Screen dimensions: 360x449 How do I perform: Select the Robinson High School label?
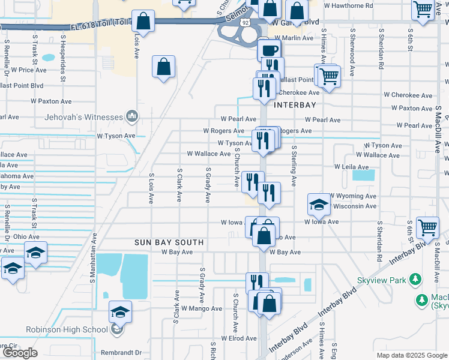(x=67, y=329)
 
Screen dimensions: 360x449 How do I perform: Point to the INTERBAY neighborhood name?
(x=295, y=105)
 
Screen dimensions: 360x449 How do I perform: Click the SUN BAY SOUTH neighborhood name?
(x=169, y=242)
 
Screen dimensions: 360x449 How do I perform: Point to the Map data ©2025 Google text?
(x=412, y=355)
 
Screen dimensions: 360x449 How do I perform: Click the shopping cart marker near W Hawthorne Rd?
(x=423, y=10)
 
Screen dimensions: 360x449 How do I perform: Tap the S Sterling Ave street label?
(x=294, y=166)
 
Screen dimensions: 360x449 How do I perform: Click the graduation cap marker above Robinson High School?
(x=120, y=312)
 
